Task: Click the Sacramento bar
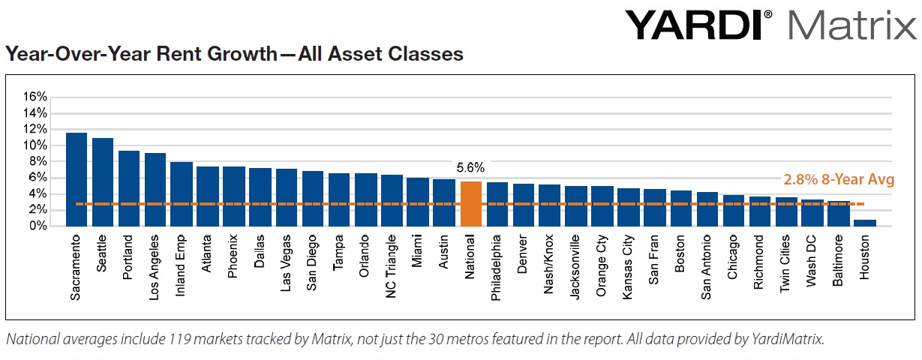[x=77, y=179]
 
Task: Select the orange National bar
[x=470, y=203]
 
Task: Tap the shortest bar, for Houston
[x=865, y=223]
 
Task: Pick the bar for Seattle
[x=103, y=181]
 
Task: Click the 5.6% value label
[x=470, y=168]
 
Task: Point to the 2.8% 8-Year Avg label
[x=839, y=180]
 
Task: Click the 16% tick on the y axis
[x=35, y=97]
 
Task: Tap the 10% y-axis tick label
[x=35, y=145]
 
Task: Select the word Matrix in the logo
[x=851, y=25]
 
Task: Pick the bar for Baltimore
[x=839, y=213]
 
